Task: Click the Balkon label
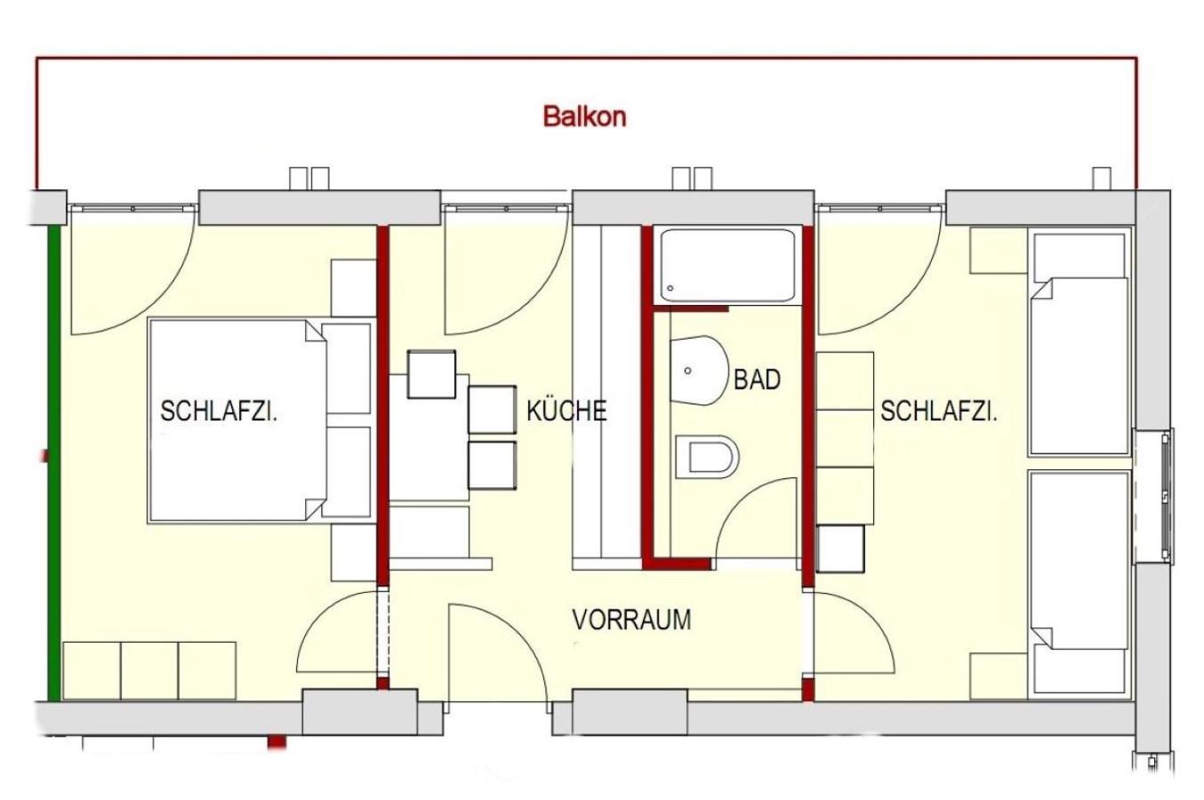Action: [584, 116]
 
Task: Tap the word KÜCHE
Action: [566, 411]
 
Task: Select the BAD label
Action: [757, 380]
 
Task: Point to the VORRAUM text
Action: [631, 620]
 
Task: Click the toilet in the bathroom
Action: [707, 456]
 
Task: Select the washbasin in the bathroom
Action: [698, 371]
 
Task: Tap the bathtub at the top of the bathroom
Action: [727, 266]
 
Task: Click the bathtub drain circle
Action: [670, 289]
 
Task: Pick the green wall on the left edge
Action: [54, 463]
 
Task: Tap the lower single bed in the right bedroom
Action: [1080, 584]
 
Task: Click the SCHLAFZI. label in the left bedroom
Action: [219, 411]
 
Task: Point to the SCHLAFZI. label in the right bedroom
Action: [938, 411]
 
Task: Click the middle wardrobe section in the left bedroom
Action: [149, 670]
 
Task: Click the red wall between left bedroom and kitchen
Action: [382, 405]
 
